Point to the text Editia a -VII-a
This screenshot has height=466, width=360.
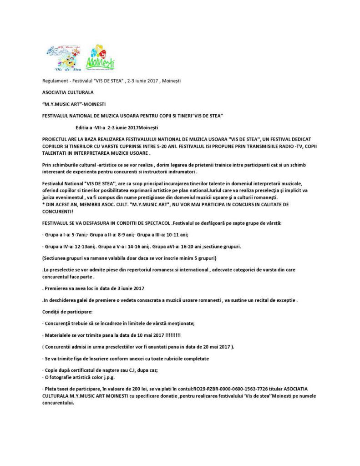click(88, 127)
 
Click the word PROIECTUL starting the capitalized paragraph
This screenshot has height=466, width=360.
click(52, 138)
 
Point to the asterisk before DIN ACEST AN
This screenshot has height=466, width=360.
click(40, 204)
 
